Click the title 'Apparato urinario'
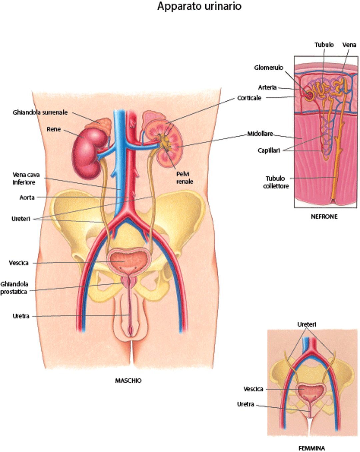click(199, 6)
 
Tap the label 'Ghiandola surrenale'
click(40, 112)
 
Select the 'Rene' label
click(54, 129)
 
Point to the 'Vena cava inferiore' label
click(26, 178)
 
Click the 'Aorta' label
click(27, 197)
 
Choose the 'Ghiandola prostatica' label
click(14, 288)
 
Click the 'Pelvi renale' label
click(184, 178)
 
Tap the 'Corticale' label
click(249, 98)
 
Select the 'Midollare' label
click(260, 134)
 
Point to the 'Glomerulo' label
click(268, 68)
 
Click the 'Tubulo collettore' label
click(276, 182)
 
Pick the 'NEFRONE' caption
click(324, 216)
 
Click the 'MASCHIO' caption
click(128, 380)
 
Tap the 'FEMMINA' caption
click(311, 448)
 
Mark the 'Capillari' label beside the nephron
click(269, 150)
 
